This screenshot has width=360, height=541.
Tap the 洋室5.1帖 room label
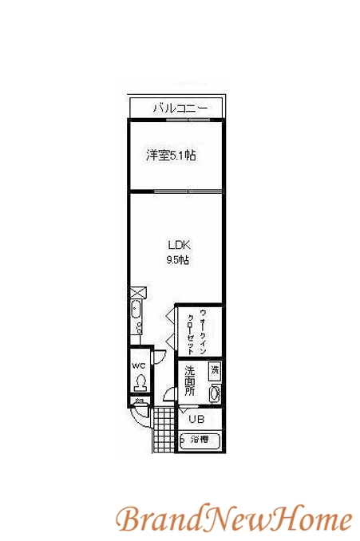tap(170, 156)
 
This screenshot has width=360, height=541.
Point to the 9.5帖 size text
tap(177, 260)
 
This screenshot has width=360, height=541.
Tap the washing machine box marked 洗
tap(213, 369)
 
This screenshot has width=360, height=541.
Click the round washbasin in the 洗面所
tap(213, 393)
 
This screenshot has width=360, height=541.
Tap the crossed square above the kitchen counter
tap(136, 292)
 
